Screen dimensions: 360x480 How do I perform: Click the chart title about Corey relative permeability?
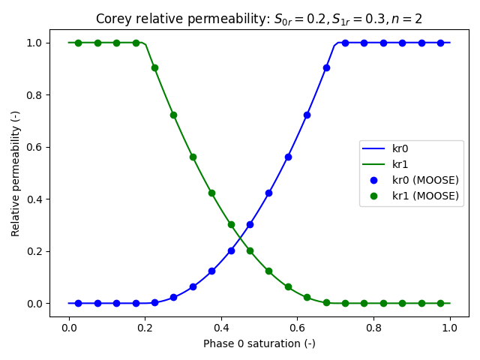(x=259, y=19)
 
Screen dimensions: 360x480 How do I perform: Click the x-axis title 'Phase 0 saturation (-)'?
(x=259, y=343)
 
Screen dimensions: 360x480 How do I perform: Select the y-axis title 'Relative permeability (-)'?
(x=16, y=172)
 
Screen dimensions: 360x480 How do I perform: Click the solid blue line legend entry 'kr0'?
(x=402, y=148)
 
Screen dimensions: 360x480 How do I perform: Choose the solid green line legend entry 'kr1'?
(x=402, y=164)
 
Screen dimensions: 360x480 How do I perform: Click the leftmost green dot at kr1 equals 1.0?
(x=78, y=43)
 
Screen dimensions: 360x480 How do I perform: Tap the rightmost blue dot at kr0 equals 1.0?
(x=440, y=43)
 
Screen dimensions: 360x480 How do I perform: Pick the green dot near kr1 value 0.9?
(x=154, y=67)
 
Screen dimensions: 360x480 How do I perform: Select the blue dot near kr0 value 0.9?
(x=326, y=67)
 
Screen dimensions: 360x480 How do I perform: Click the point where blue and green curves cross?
(x=240, y=238)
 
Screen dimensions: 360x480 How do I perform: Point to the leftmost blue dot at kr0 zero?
(x=78, y=303)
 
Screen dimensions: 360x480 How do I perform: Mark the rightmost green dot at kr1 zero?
(x=440, y=303)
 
